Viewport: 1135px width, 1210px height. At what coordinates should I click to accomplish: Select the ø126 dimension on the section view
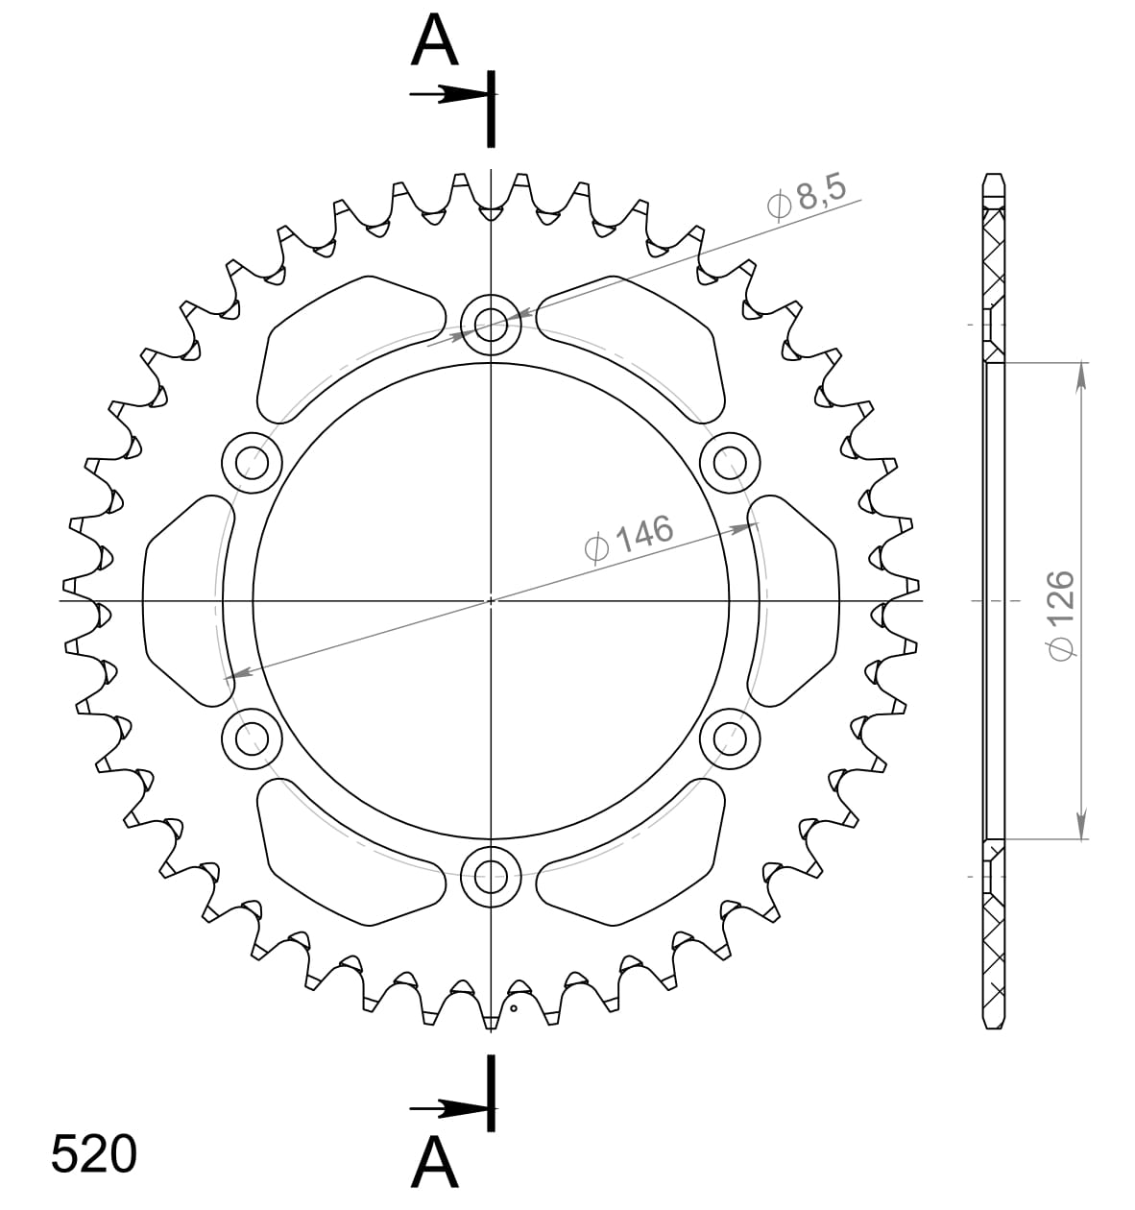click(1059, 616)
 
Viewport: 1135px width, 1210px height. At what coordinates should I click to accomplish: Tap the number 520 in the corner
click(93, 1154)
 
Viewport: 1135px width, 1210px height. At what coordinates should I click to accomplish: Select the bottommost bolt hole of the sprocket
click(491, 875)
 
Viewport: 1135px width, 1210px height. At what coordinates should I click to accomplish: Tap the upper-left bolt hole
click(252, 463)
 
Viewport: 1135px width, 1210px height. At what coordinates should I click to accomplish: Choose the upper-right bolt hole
click(730, 463)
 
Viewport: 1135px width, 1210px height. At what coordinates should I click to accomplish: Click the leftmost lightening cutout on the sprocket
click(182, 601)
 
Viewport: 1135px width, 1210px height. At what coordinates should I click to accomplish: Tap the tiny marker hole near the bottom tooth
click(514, 1008)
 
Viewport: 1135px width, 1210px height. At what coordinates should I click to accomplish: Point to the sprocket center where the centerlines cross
click(491, 600)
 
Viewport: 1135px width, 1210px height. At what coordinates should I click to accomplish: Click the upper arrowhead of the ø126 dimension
click(1082, 376)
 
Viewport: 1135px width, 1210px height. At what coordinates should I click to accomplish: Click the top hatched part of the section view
click(994, 259)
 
